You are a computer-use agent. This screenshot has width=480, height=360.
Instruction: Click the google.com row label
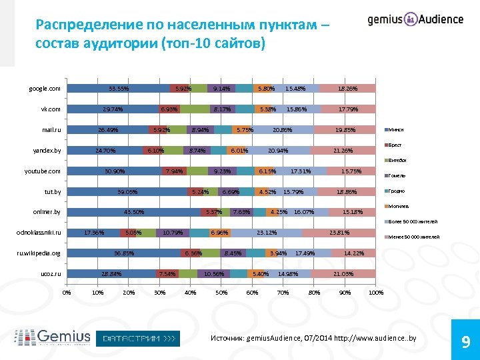(45, 89)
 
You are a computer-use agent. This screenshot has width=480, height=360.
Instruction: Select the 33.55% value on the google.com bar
(119, 89)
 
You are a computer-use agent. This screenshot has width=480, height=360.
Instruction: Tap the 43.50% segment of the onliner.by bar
(134, 213)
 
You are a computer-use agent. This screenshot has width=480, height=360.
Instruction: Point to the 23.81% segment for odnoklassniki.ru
(339, 233)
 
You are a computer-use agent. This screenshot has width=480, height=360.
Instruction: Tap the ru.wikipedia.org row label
(39, 254)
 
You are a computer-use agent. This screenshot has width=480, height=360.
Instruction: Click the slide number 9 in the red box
(465, 343)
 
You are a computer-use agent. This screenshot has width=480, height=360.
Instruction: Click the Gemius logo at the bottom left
(53, 337)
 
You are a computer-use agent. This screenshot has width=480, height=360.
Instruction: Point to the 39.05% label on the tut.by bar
(127, 192)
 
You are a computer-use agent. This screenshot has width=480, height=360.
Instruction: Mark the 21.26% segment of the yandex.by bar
(343, 151)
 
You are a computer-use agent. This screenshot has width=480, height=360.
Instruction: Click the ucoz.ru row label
(51, 274)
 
